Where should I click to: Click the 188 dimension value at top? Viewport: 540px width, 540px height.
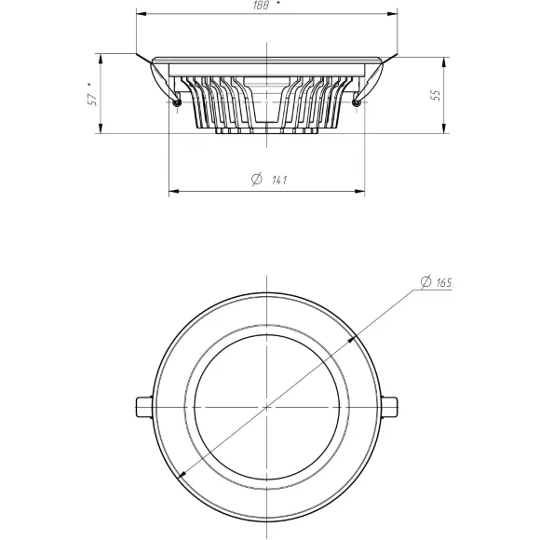[x=261, y=6]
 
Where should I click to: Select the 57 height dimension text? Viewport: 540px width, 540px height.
[x=93, y=100]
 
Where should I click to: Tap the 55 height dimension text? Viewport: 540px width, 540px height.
[x=436, y=95]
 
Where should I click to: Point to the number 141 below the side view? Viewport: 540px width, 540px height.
[x=279, y=180]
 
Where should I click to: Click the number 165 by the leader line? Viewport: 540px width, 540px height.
[x=444, y=283]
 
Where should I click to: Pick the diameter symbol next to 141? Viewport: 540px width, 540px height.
[x=257, y=179]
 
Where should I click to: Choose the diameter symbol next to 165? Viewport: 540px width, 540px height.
[x=426, y=281]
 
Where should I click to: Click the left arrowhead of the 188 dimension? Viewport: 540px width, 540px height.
[x=142, y=14]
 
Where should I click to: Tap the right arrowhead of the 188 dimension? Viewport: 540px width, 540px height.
[x=392, y=14]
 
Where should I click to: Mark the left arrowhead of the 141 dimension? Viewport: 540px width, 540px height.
[x=174, y=191]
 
